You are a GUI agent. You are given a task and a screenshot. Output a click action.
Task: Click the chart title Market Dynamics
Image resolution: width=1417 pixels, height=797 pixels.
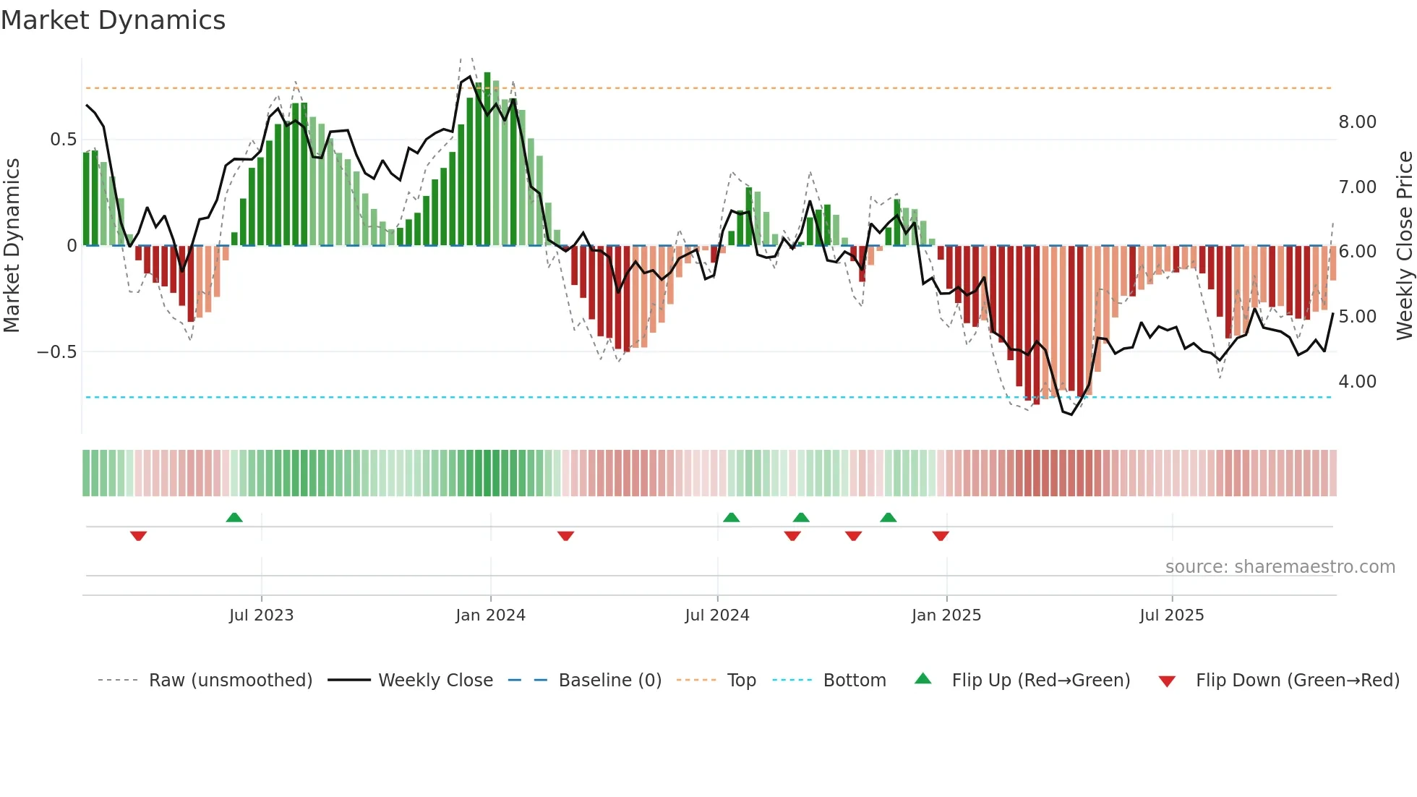tap(114, 20)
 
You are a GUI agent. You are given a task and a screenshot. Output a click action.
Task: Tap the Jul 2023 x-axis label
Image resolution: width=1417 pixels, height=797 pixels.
tap(261, 615)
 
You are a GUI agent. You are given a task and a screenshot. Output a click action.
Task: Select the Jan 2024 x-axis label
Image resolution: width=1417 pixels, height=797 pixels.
tap(490, 615)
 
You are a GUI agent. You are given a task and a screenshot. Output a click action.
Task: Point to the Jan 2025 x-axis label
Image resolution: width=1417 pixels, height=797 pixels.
tap(946, 615)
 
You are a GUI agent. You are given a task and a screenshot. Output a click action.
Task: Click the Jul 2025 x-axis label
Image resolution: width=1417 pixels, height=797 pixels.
tap(1171, 615)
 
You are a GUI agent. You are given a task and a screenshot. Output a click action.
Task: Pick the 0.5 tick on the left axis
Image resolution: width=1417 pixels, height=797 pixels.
tap(63, 140)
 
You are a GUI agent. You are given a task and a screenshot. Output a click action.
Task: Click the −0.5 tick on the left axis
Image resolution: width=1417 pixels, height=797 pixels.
tap(57, 352)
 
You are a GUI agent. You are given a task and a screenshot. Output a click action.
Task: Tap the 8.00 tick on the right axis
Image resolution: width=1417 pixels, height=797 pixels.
tap(1357, 122)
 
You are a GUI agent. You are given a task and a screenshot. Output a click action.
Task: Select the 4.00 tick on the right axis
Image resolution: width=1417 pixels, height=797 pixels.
tap(1357, 382)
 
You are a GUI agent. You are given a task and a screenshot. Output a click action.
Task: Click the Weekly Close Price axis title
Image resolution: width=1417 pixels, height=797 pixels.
tap(1404, 246)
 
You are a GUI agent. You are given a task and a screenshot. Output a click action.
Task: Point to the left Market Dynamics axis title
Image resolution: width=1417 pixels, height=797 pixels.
tap(12, 246)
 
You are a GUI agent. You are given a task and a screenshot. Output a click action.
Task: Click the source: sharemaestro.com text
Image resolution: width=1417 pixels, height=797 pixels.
tap(1280, 567)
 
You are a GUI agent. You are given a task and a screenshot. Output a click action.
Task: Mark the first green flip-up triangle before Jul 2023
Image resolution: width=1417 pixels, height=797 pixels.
tap(234, 518)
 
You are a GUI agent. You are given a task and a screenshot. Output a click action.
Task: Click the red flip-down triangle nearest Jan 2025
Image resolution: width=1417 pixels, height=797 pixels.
tap(941, 536)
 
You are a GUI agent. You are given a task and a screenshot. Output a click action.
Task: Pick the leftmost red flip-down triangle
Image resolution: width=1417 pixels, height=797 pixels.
tap(139, 536)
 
